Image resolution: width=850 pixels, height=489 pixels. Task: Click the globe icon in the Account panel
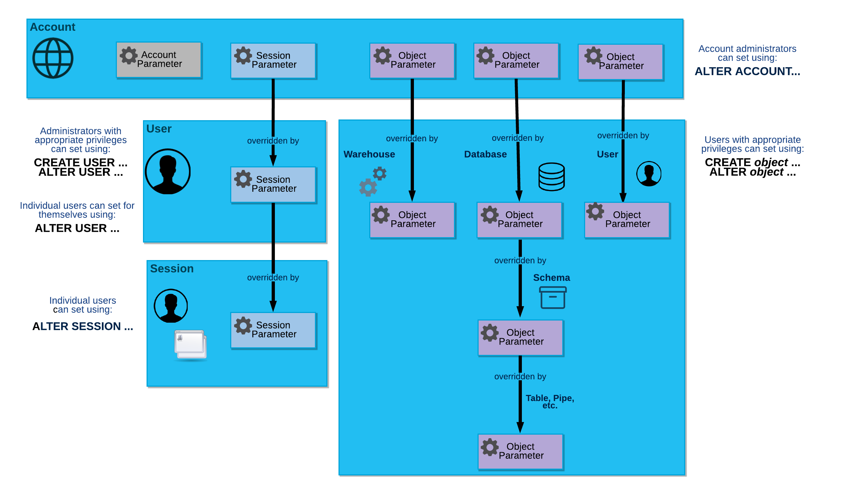(53, 58)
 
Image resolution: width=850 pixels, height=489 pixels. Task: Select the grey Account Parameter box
(159, 60)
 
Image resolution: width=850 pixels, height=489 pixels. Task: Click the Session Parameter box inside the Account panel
(273, 60)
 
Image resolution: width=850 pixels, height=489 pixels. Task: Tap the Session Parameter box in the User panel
(273, 184)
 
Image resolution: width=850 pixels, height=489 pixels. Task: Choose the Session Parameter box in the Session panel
(273, 330)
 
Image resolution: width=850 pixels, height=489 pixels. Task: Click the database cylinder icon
(551, 177)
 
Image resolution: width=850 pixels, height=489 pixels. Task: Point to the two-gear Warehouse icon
(372, 181)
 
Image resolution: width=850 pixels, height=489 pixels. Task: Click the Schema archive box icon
(553, 298)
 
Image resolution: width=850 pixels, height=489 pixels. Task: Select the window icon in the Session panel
(190, 344)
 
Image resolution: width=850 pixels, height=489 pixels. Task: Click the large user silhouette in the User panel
(168, 172)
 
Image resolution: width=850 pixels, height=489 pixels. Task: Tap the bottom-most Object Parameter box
(520, 451)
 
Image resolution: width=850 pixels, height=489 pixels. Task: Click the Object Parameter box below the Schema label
(520, 337)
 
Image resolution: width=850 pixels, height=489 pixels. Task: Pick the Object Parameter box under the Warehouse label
(412, 220)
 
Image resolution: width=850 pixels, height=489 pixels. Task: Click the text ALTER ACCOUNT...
(747, 72)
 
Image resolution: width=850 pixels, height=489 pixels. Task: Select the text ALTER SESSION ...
(83, 326)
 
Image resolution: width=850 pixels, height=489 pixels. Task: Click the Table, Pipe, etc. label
(550, 401)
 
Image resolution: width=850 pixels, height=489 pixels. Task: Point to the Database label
(485, 154)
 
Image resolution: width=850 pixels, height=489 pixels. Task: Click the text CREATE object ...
(752, 162)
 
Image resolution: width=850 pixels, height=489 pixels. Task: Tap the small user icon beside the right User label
(648, 174)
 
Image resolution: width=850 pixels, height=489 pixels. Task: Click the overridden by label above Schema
(520, 260)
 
